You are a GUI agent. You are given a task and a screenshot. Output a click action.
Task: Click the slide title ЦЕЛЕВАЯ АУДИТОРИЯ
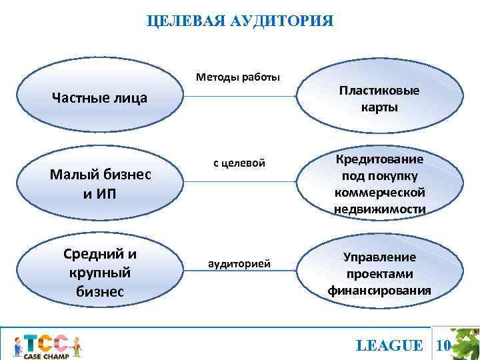point(239,21)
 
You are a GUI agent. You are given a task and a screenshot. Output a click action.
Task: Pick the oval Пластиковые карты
point(379,99)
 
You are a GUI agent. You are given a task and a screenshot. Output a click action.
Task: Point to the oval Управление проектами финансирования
point(379,273)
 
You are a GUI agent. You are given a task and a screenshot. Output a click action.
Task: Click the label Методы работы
point(238,77)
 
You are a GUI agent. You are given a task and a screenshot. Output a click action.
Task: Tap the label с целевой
point(239,163)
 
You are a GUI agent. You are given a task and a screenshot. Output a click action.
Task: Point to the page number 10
point(443,345)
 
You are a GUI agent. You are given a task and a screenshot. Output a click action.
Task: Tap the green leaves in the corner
point(466,343)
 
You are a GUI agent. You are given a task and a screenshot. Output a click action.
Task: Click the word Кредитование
point(379,160)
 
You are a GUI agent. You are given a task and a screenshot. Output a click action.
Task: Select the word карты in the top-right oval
point(379,107)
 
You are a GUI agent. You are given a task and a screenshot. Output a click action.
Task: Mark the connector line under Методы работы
point(240,97)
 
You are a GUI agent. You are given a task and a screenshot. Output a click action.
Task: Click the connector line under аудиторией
point(240,272)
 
